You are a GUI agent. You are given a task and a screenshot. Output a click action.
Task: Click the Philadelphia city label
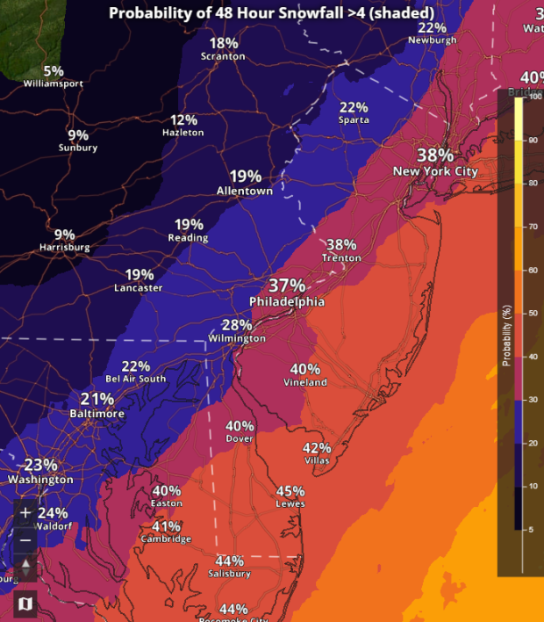(287, 302)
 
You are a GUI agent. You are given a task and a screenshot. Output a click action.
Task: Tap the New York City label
(435, 171)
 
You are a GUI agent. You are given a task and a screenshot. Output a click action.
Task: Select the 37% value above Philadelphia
(287, 286)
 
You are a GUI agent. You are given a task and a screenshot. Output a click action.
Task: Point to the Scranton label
(224, 57)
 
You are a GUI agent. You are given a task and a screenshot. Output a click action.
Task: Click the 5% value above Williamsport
(54, 71)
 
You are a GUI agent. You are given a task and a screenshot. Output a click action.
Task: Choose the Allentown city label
(245, 191)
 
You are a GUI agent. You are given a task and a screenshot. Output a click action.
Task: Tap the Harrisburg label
(65, 248)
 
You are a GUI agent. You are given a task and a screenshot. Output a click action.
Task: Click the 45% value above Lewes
(290, 491)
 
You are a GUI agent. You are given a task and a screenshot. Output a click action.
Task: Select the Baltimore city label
(97, 413)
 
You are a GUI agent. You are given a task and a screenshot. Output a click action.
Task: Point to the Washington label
(40, 480)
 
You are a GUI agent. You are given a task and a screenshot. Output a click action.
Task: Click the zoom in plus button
(25, 511)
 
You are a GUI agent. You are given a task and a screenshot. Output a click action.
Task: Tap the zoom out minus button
(25, 539)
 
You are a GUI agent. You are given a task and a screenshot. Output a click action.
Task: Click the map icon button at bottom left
(25, 604)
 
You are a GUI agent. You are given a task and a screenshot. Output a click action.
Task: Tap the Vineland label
(305, 382)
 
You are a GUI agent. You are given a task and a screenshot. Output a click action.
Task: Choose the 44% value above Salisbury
(230, 561)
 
